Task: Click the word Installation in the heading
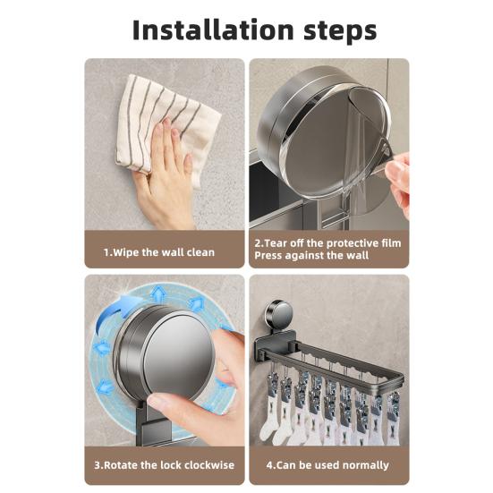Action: tap(213, 30)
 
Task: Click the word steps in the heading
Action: tap(340, 31)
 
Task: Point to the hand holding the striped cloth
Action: tap(164, 176)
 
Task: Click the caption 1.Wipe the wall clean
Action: tap(159, 252)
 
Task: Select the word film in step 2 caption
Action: tap(391, 243)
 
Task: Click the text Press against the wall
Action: tap(311, 255)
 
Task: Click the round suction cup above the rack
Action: tap(278, 314)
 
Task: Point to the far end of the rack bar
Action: tap(399, 379)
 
